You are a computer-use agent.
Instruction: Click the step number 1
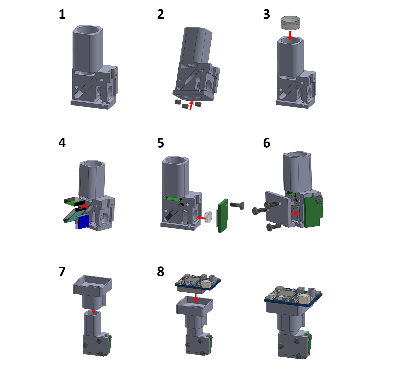pos(62,14)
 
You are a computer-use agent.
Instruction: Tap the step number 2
pos(160,14)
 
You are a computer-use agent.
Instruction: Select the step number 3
pos(267,14)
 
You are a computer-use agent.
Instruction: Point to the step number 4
pos(62,143)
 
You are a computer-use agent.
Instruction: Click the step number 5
pos(160,143)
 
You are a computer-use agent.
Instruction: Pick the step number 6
pos(267,143)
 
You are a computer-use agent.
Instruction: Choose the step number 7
pos(62,272)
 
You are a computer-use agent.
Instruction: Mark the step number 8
pos(160,272)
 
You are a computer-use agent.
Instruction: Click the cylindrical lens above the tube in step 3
pos(290,23)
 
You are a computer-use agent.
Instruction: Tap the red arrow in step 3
pos(290,36)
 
